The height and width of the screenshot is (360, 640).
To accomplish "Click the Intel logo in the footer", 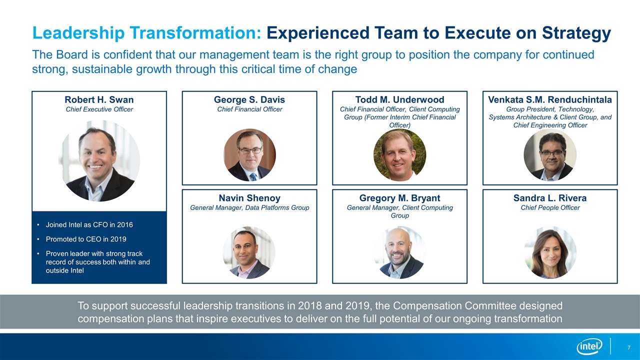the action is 589,346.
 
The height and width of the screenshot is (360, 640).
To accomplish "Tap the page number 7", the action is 629,347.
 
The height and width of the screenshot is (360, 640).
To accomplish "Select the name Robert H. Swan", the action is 99,99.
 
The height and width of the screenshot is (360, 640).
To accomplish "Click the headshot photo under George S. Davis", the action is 249,155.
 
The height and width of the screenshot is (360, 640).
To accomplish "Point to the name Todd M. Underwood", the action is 399,99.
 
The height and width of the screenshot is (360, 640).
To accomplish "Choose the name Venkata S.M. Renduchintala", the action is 550,99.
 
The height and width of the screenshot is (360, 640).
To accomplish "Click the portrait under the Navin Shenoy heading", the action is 249,252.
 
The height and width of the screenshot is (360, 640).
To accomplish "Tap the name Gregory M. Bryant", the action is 399,198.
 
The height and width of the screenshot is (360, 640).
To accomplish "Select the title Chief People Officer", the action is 550,207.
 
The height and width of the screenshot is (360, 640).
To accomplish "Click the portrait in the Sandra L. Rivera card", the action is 550,252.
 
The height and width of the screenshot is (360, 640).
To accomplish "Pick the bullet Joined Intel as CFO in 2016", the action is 89,225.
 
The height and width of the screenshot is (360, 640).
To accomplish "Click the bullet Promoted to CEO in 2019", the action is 86,239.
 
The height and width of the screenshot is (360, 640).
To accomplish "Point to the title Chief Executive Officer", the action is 99,109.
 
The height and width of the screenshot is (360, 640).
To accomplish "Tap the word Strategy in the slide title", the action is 576,33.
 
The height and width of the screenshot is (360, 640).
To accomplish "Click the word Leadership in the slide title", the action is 78,33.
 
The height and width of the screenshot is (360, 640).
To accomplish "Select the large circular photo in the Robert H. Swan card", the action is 99,161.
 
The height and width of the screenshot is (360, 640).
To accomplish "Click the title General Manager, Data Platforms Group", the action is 249,207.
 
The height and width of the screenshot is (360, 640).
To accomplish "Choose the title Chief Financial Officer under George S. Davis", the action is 249,109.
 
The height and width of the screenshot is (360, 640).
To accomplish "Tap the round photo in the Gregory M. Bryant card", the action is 400,252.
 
